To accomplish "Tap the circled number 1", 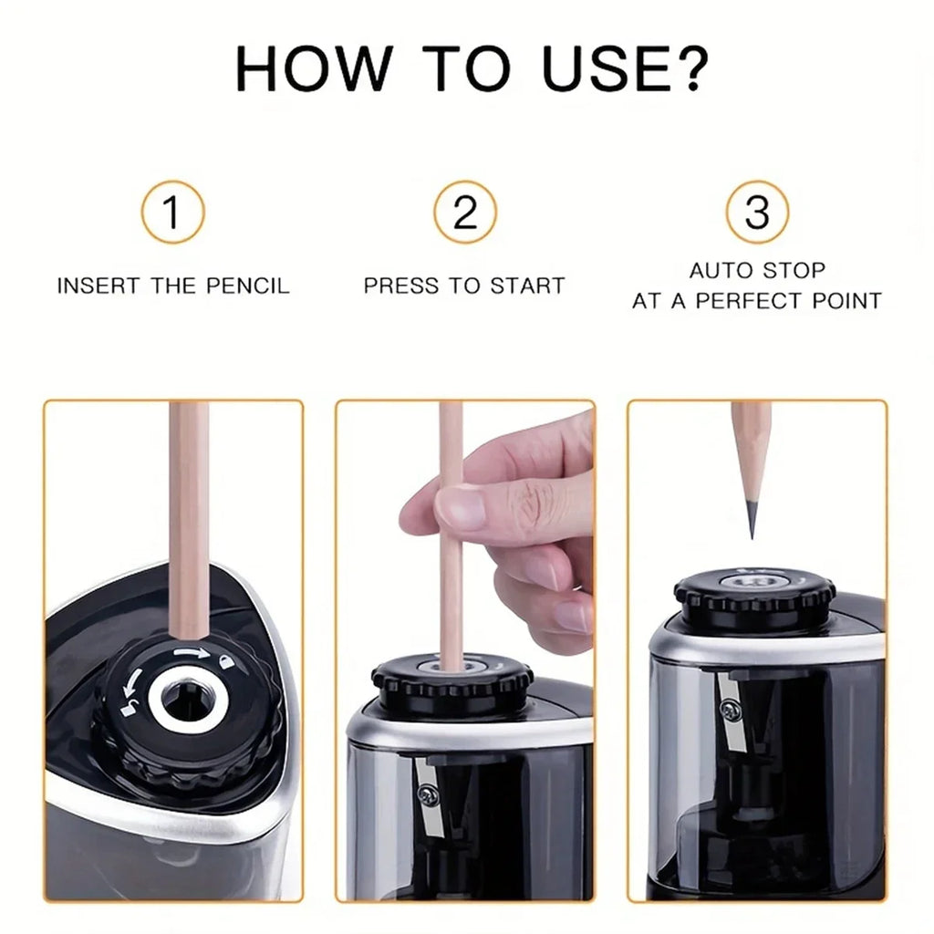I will (172, 213).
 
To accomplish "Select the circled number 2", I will (465, 213).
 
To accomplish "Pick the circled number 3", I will (757, 213).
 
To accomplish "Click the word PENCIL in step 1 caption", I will (244, 285).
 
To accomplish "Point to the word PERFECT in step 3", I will (764, 301).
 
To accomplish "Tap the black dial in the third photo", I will (754, 597).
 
